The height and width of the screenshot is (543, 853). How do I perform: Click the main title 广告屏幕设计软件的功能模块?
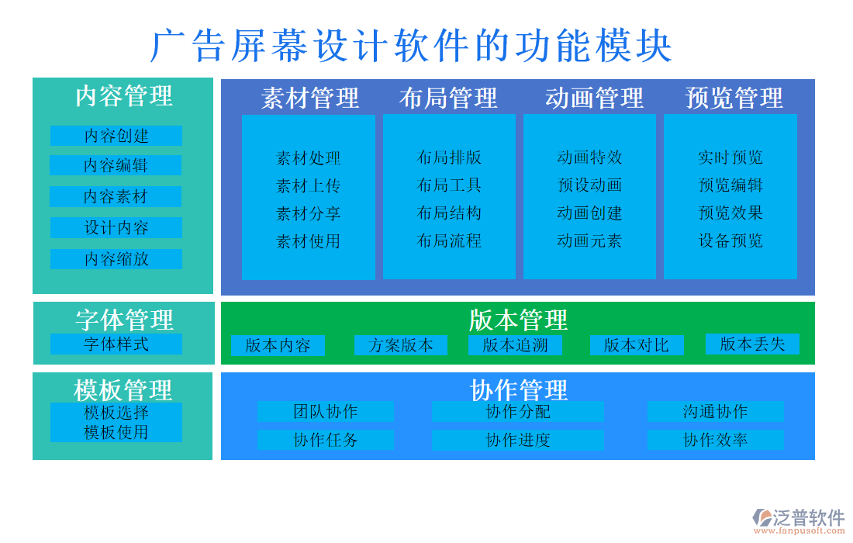coord(411,47)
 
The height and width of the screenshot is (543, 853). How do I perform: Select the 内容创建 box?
coord(116,136)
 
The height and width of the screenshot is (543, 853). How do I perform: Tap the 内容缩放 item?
coord(116,259)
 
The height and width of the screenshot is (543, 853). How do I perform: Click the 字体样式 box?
coord(116,344)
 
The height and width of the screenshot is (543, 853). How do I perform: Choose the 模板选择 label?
coord(116,413)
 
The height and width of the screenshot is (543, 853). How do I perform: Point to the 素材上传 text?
coord(309,186)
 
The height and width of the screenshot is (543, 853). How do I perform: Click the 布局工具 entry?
coord(449,185)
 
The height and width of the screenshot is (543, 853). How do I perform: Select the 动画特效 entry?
coord(589,157)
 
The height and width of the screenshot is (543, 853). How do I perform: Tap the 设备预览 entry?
coord(730,240)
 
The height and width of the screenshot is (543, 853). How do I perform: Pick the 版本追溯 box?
coord(515,345)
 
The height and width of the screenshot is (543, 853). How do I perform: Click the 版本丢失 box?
coord(752,344)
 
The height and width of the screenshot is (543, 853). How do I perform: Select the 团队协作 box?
coord(326,412)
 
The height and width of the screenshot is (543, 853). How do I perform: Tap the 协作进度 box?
coord(518,441)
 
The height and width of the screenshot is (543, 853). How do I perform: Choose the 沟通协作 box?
coord(715,412)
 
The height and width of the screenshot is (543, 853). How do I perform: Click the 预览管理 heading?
coord(734,99)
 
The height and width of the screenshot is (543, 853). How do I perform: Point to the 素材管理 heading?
coord(310,99)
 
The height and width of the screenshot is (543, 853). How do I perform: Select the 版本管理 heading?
coord(518,320)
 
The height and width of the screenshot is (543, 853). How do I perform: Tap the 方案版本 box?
coord(401,345)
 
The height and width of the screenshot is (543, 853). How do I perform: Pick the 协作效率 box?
coord(715,440)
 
